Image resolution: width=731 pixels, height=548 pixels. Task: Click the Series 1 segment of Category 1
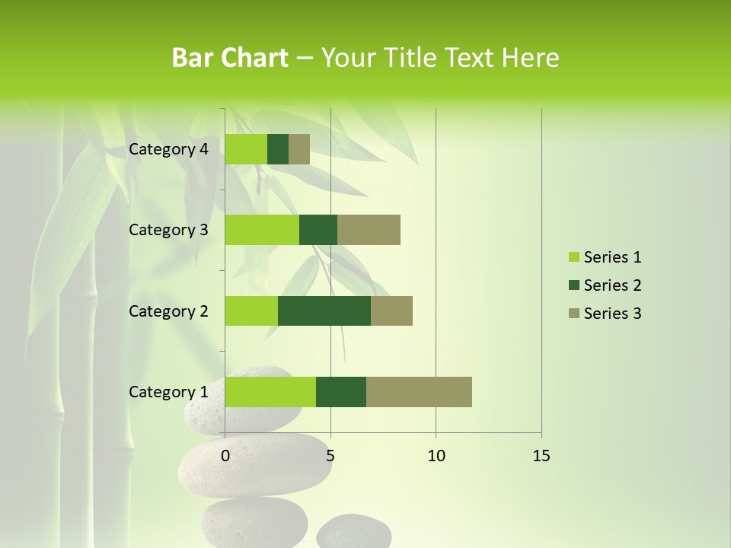(x=270, y=391)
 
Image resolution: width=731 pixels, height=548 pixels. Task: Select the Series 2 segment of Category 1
(x=341, y=391)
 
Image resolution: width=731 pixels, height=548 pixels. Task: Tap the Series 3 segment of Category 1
(x=419, y=391)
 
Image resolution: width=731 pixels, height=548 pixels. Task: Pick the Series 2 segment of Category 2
(x=324, y=311)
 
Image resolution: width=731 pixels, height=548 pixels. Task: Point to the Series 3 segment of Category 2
(x=391, y=311)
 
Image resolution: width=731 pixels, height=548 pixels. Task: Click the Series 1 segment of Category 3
(x=262, y=230)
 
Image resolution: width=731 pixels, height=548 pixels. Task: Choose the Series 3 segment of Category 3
(x=369, y=230)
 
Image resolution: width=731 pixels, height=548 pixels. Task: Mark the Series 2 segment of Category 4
(x=278, y=149)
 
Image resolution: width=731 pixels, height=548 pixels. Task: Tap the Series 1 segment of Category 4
(x=246, y=149)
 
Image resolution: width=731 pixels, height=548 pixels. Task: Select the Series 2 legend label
(x=612, y=285)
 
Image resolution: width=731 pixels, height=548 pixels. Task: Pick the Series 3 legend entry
(x=605, y=314)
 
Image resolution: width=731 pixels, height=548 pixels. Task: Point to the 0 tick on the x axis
(x=225, y=456)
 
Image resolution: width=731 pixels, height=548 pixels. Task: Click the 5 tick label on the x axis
(x=330, y=456)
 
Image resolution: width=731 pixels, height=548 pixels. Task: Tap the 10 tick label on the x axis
(x=436, y=456)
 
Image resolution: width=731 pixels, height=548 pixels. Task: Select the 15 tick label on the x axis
(x=541, y=456)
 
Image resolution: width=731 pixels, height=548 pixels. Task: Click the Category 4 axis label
(x=168, y=149)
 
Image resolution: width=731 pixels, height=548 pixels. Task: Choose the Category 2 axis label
(x=168, y=311)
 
